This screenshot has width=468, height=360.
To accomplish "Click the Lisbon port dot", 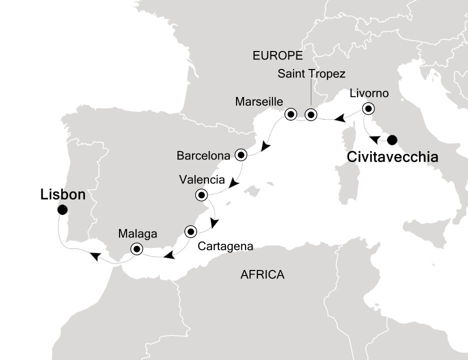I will pos(62,210).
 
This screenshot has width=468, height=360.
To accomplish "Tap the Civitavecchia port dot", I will pos(392,139).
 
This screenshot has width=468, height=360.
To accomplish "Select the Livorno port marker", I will pos(368,108).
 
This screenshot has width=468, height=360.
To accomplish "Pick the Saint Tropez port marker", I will pos(311,115).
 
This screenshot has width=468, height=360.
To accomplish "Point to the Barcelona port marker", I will pos(241,155).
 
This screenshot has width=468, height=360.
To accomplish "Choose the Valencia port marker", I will pos(201,194).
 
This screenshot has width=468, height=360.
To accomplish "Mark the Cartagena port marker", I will pos(190,231).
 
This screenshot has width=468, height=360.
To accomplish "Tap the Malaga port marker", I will pos(136,248).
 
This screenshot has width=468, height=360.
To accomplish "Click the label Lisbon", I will pos(62,194).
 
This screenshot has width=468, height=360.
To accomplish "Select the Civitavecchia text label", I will pos(392,157).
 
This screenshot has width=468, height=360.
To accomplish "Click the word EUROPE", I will pos(278,55).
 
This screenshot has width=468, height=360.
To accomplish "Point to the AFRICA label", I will pos(262,274).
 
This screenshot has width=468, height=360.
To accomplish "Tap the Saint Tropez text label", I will pos(311,74).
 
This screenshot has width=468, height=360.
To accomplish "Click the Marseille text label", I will pos(259,101).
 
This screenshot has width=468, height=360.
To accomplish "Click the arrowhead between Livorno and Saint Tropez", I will pos(339,119).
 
